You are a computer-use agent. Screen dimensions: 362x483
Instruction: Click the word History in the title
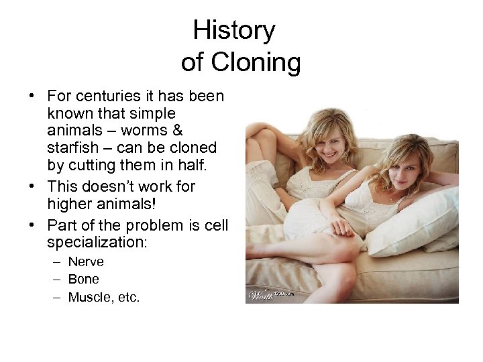(233, 30)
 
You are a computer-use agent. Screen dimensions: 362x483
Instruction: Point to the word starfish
(72, 147)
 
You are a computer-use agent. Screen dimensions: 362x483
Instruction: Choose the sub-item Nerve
(86, 261)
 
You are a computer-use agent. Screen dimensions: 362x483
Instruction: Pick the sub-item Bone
(83, 279)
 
